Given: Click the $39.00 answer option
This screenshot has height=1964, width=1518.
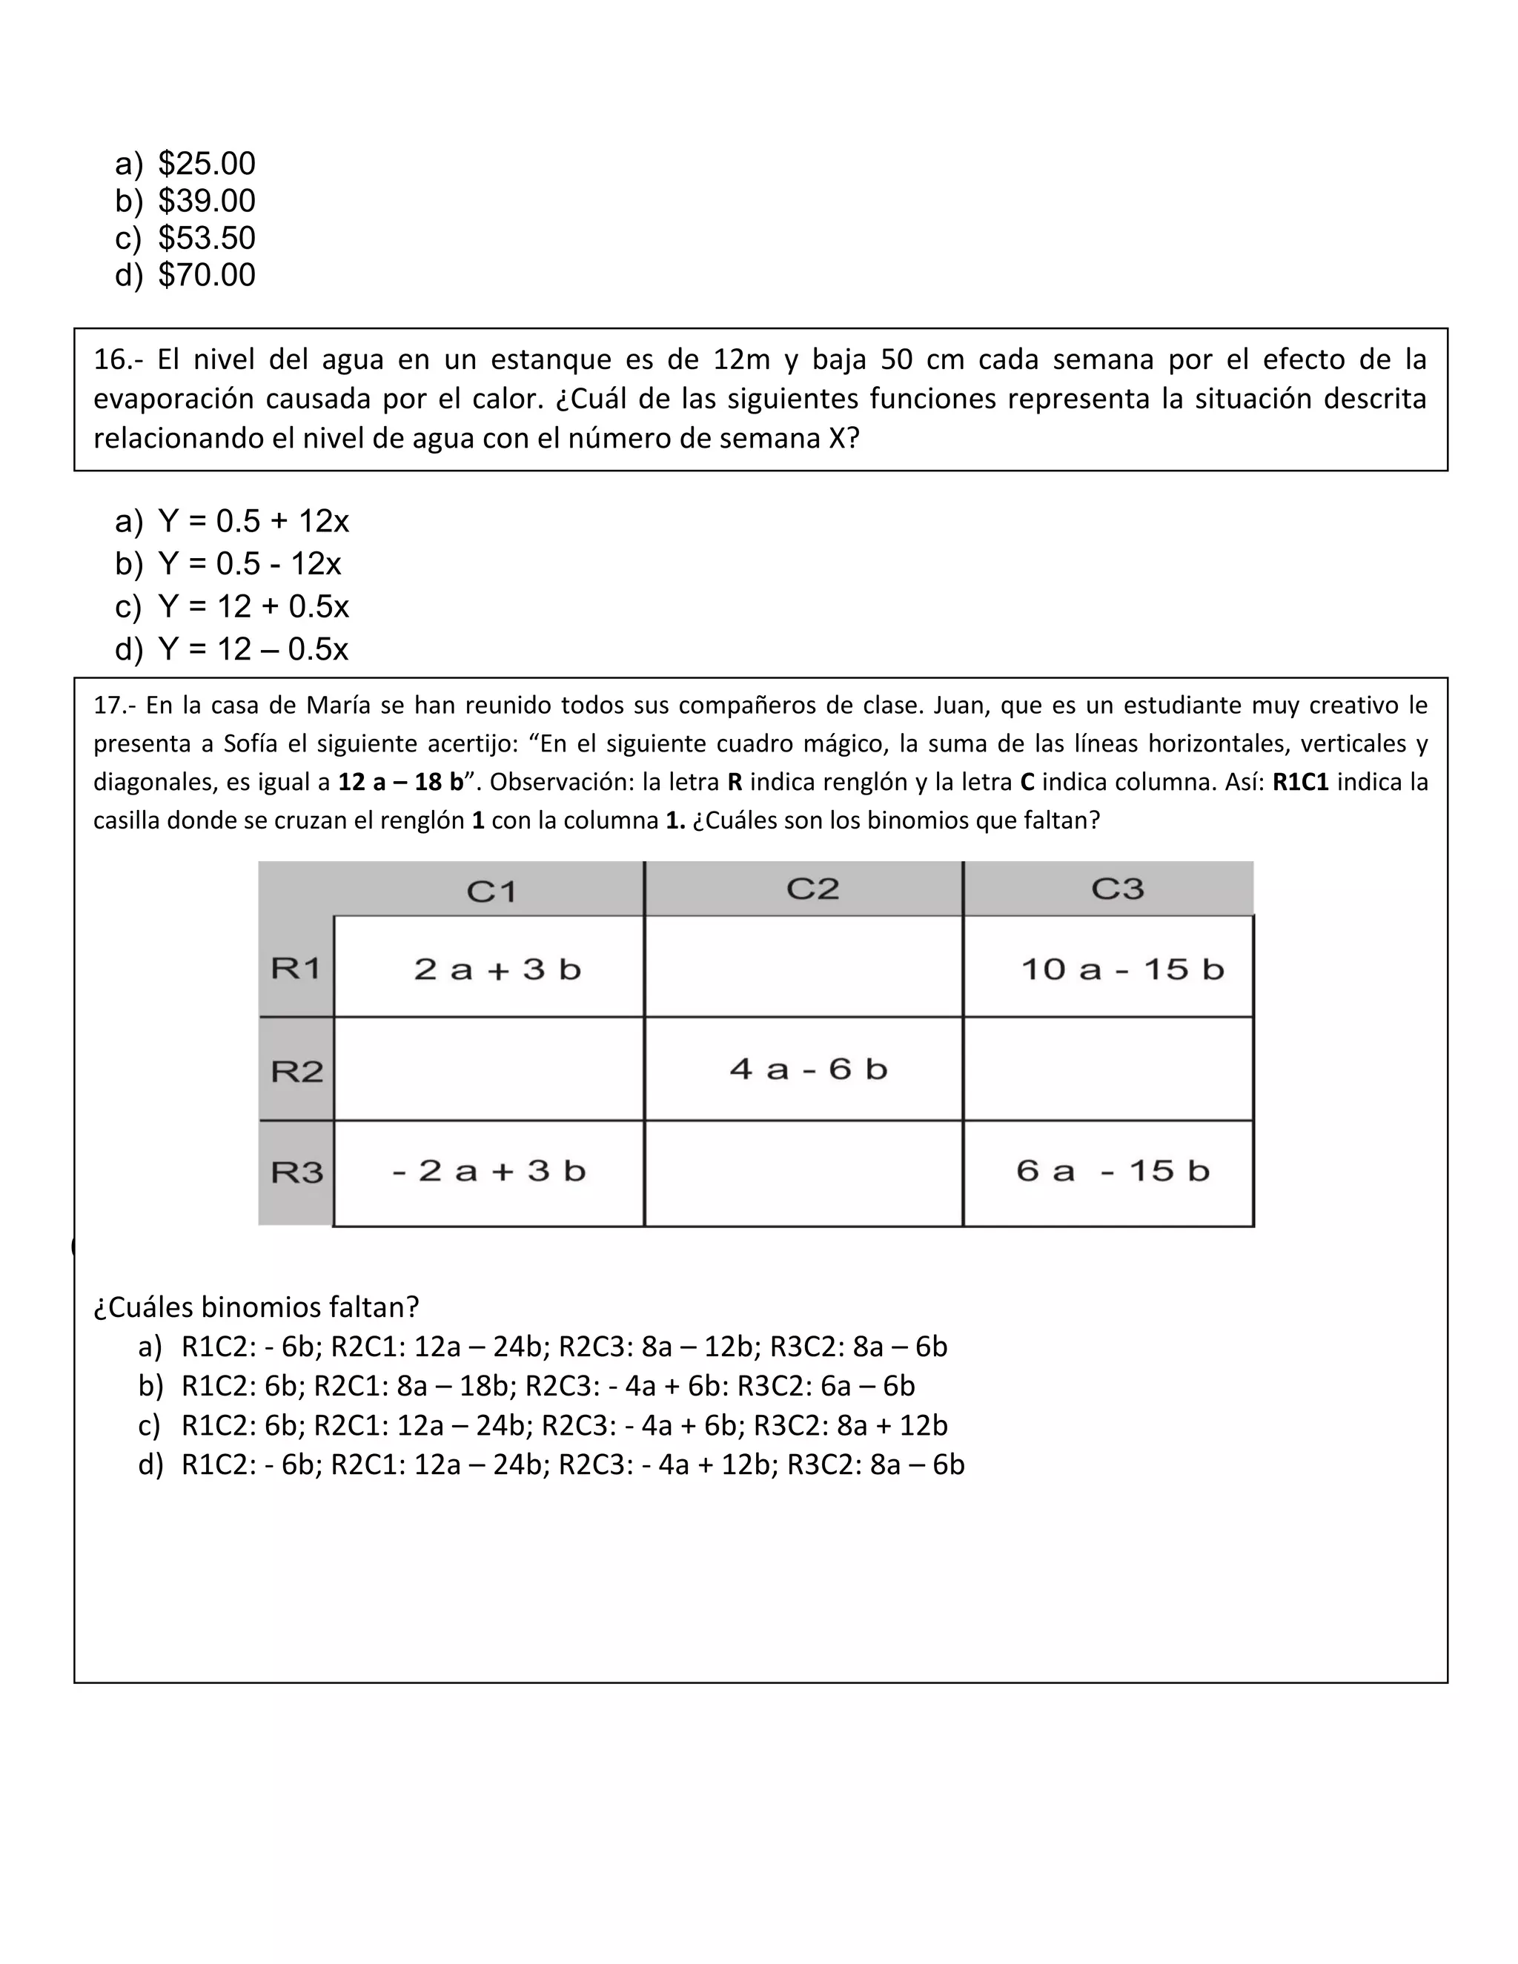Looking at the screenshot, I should tap(206, 201).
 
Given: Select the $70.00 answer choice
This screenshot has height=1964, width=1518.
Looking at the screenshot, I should tap(206, 275).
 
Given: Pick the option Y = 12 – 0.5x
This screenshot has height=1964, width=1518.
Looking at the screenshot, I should tap(252, 649).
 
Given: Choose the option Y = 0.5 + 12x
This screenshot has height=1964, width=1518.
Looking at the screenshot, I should tap(253, 522).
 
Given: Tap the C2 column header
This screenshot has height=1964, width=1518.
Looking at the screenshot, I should tap(812, 889).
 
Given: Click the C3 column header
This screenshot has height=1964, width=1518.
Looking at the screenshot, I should tap(1117, 889).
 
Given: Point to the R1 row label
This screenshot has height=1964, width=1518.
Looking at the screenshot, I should tap(296, 969).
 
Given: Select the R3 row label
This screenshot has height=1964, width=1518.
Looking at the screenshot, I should tap(296, 1172).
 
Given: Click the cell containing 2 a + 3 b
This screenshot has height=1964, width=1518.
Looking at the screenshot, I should tap(497, 969).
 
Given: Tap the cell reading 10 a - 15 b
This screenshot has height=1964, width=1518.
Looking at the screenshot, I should tap(1122, 969).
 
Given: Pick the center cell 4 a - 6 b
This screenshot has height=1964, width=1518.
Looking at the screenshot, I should tap(808, 1069).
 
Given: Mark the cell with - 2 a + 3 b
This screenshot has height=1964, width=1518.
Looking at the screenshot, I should tap(489, 1171).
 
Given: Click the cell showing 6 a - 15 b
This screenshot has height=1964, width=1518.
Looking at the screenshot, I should tap(1113, 1171).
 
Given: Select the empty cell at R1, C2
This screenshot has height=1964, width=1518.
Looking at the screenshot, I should tap(803, 966).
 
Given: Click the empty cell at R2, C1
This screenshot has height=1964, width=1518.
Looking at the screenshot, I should tap(489, 1069).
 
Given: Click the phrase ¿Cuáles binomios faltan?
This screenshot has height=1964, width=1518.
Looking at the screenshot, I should tap(256, 1307).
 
